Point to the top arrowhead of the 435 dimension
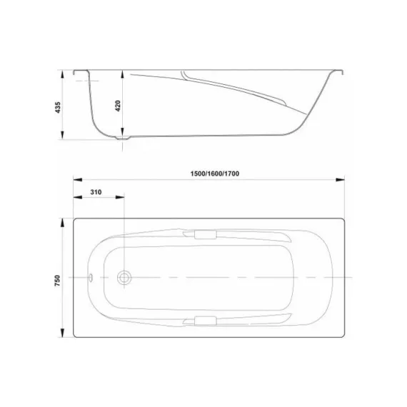65,74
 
